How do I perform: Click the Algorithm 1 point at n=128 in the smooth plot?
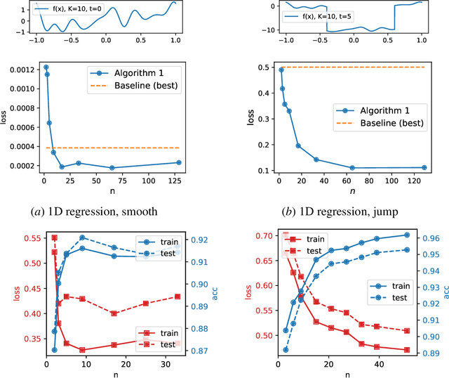[x=179, y=162]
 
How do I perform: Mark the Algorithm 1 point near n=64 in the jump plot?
[x=352, y=168]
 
